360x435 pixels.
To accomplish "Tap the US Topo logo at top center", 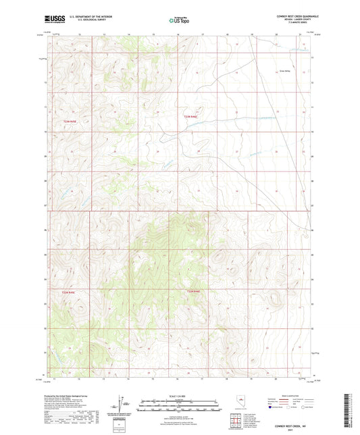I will (x=179, y=20).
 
